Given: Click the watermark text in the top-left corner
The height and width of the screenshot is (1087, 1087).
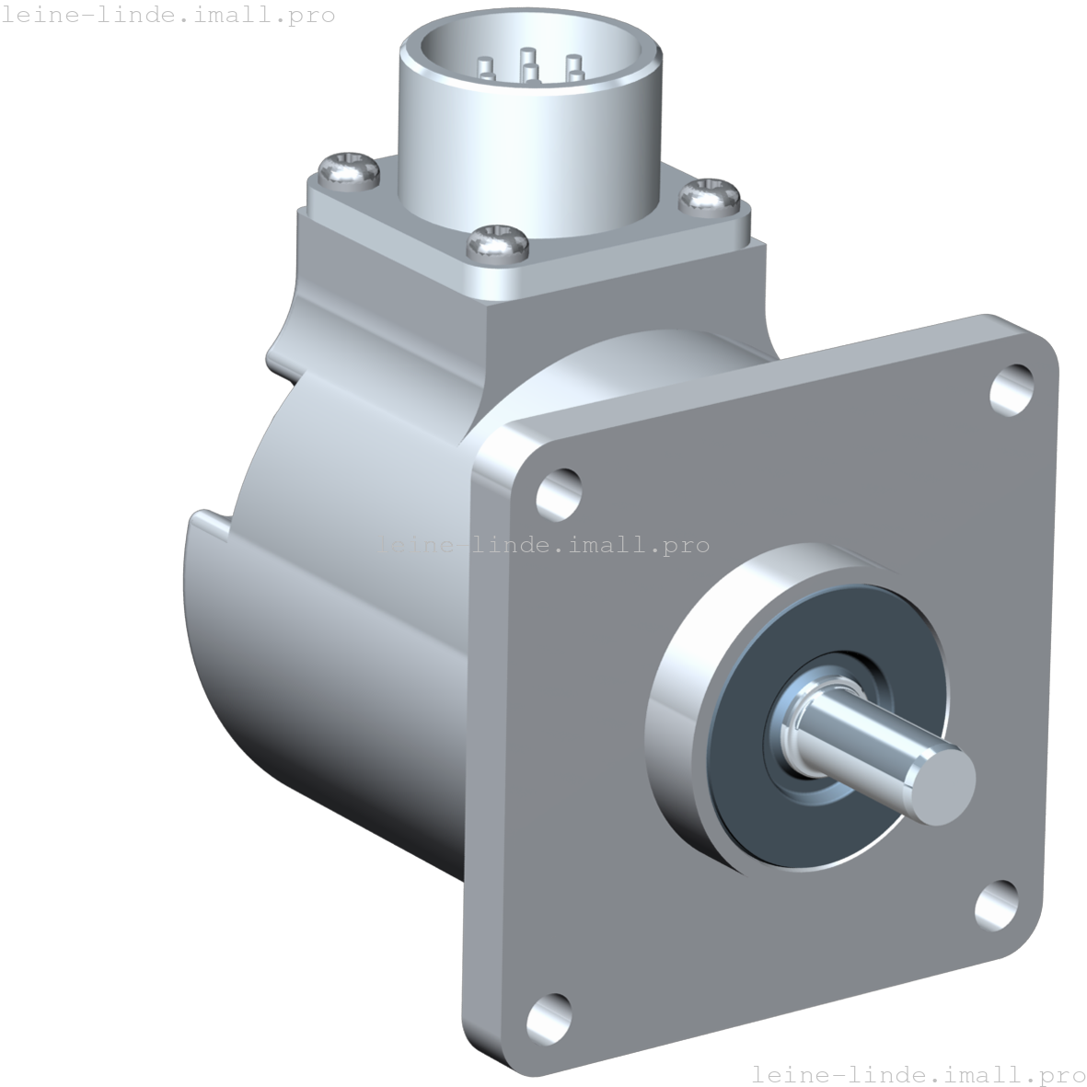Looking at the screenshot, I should [168, 15].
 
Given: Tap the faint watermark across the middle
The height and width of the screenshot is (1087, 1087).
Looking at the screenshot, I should [542, 545].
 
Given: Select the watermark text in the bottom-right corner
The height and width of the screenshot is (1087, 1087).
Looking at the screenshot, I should [918, 1073].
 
